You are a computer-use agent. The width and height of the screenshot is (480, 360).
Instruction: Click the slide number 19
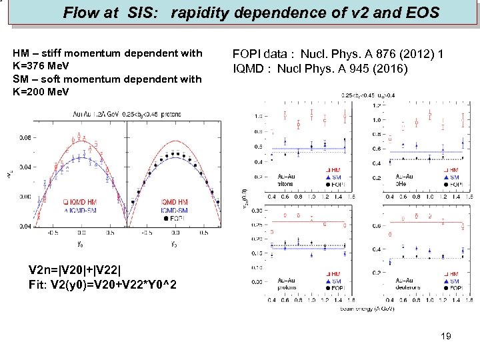point(446,336)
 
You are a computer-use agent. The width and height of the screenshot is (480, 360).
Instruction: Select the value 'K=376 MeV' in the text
point(41,67)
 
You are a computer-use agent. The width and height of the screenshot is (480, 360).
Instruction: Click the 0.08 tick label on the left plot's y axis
point(23,138)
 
